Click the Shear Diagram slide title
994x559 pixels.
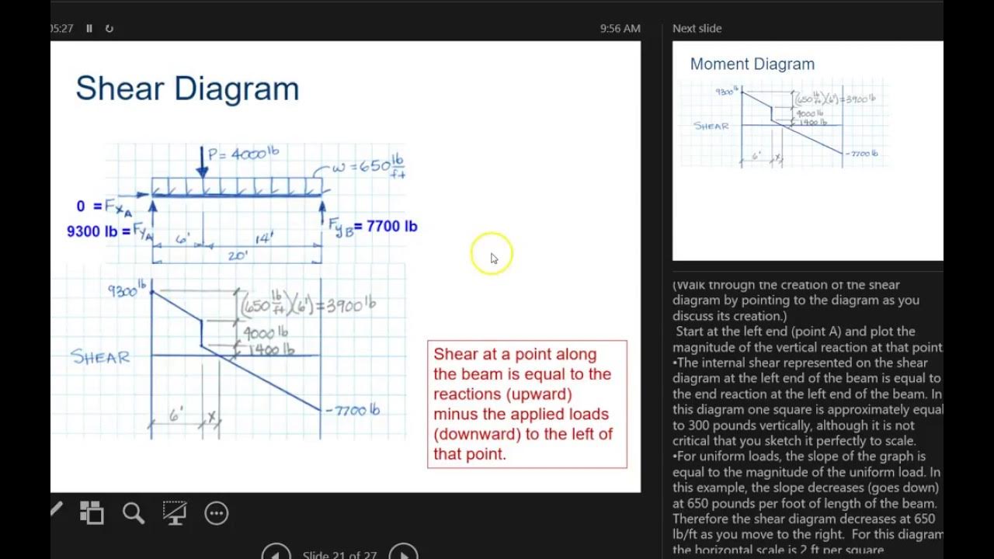point(187,89)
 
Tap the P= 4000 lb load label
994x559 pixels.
point(242,154)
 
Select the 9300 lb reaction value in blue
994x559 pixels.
point(93,231)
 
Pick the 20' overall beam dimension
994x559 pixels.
point(238,255)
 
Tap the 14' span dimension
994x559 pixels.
point(264,238)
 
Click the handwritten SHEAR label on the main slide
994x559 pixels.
point(100,357)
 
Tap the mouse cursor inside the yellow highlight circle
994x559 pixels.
point(493,258)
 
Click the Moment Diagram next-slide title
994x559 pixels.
point(752,64)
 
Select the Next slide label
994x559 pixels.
point(697,29)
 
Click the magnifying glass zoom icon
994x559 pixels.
point(134,512)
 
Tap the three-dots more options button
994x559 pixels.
point(216,512)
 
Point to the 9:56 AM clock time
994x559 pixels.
point(620,29)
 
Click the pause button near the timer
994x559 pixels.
point(89,29)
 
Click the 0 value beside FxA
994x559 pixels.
point(80,206)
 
